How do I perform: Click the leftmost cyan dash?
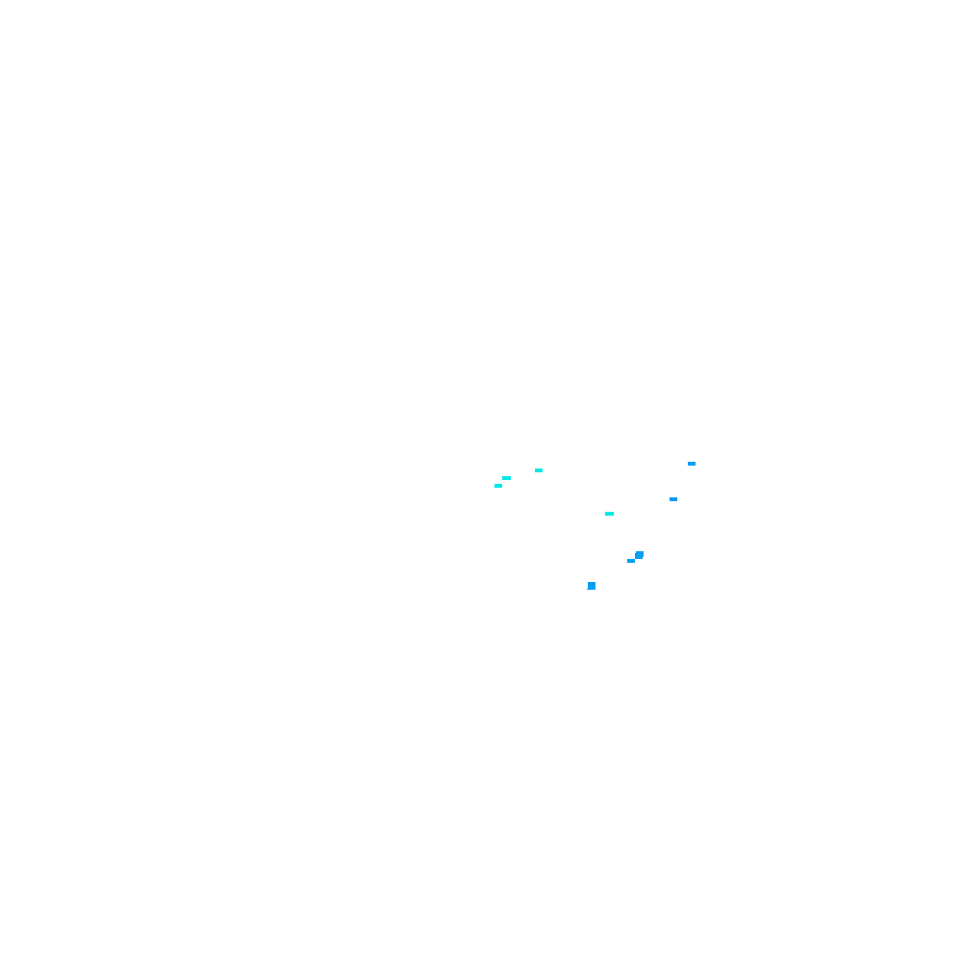498,486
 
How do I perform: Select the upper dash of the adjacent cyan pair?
506,478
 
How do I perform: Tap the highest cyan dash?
539,470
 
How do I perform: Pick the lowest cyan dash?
609,514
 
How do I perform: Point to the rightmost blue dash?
692,464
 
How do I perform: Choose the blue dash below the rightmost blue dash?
673,499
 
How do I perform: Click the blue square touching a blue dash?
639,555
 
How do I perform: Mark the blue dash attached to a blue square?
631,561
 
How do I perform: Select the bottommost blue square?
592,586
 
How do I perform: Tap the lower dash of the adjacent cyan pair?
498,486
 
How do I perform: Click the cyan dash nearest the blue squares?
609,514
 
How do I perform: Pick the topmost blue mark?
692,464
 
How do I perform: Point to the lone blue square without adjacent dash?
592,586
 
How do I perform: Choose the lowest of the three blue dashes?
631,561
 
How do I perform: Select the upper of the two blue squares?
639,555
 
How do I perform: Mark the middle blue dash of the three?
673,499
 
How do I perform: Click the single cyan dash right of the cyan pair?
539,470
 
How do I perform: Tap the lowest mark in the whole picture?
592,586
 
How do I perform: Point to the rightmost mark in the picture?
692,464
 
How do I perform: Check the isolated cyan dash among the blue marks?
609,514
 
